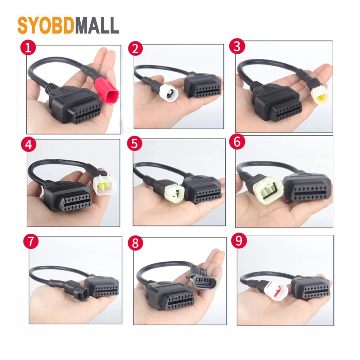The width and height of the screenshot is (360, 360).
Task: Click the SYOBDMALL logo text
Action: click(x=68, y=26)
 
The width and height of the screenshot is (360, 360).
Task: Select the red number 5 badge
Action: click(x=134, y=144)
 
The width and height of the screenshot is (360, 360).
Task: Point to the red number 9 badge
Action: click(x=238, y=241)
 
